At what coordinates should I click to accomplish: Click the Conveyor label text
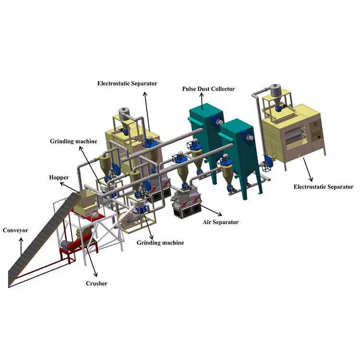[x=15, y=230]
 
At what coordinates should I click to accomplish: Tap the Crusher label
[x=96, y=284]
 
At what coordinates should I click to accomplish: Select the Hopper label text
[x=59, y=178]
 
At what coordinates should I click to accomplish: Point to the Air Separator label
[x=220, y=222]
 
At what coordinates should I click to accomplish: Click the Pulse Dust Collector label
[x=208, y=89]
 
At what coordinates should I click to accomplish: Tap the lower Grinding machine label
[x=160, y=243]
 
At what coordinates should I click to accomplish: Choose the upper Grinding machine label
[x=73, y=141]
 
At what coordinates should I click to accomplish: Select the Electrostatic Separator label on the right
[x=323, y=187]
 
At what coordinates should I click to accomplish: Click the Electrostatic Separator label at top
[x=127, y=84]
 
